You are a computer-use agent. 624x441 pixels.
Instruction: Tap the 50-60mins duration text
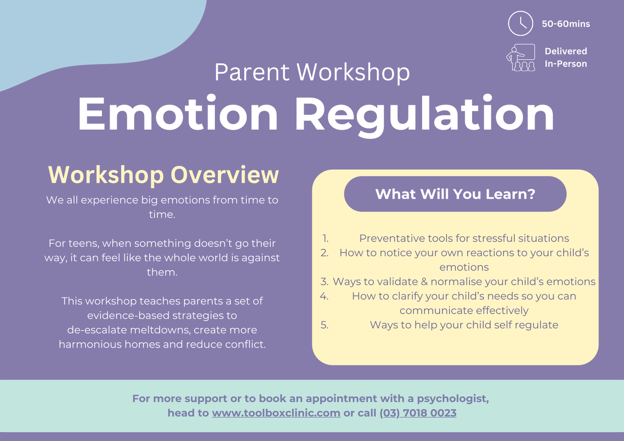(566, 24)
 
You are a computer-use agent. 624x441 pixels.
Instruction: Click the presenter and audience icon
(521, 58)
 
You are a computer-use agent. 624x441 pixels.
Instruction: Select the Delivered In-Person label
(566, 57)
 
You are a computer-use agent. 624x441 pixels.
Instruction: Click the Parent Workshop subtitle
(312, 72)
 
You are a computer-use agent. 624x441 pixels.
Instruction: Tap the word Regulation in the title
(424, 115)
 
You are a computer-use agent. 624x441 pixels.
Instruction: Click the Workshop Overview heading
(163, 175)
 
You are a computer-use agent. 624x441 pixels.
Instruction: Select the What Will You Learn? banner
(455, 194)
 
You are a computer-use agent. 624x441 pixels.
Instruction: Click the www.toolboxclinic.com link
(276, 413)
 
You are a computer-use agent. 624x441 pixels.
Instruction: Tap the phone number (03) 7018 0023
(418, 413)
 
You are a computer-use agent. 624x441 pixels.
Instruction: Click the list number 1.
(326, 238)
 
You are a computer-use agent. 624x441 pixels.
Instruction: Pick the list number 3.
(324, 282)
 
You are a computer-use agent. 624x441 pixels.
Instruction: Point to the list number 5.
(324, 325)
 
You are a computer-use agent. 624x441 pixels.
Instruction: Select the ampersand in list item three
(424, 282)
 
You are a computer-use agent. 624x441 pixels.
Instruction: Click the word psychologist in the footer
(453, 399)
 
